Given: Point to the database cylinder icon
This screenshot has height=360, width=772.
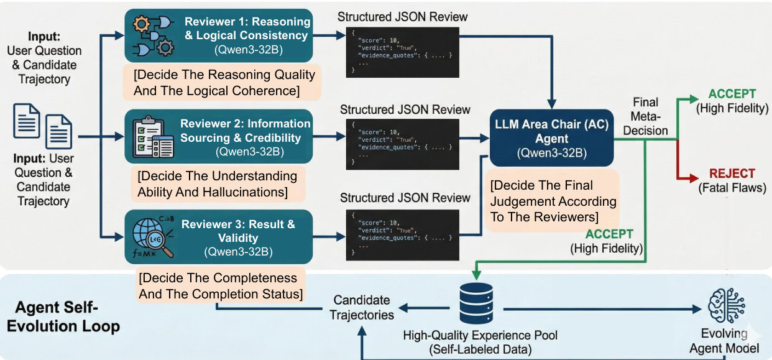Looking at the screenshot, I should [x=474, y=303].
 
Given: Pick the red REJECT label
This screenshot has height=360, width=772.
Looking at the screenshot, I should [x=732, y=173].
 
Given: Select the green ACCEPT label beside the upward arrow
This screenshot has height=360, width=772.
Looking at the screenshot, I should [x=732, y=95].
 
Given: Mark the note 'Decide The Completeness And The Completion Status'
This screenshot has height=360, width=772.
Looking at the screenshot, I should [x=218, y=285].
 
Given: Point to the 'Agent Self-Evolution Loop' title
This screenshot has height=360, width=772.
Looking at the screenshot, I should [x=67, y=317].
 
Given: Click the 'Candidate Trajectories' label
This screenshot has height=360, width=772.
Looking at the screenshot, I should [x=362, y=308].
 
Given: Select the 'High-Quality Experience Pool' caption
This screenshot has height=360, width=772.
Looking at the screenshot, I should [x=480, y=336].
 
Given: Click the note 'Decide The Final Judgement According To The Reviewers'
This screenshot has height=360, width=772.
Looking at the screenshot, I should [x=552, y=201].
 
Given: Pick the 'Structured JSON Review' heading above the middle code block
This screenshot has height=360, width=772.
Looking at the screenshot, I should [x=405, y=109].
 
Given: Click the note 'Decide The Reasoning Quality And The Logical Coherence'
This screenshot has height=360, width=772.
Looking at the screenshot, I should [x=224, y=83].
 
